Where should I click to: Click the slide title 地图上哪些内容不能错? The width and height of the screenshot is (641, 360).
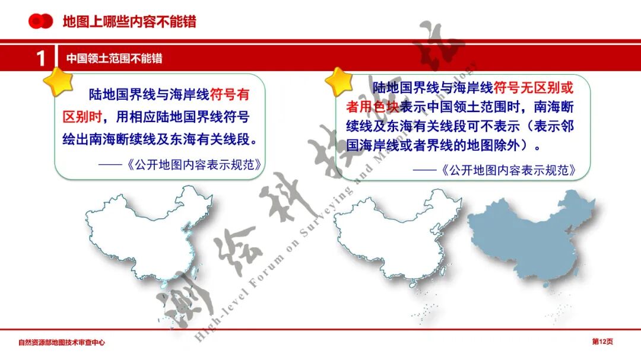pyautogui.click(x=129, y=23)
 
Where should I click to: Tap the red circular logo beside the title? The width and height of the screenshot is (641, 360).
pyautogui.click(x=41, y=22)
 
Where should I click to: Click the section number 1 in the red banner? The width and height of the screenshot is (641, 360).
pyautogui.click(x=40, y=59)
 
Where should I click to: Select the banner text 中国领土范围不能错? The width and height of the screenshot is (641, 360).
pyautogui.click(x=115, y=59)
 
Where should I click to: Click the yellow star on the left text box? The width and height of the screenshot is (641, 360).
pyautogui.click(x=58, y=81)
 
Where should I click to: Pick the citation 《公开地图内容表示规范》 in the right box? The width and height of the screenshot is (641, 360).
pyautogui.click(x=509, y=170)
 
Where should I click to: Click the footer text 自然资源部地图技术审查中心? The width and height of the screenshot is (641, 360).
pyautogui.click(x=62, y=342)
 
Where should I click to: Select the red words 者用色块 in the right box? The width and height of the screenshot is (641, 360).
pyautogui.click(x=373, y=107)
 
